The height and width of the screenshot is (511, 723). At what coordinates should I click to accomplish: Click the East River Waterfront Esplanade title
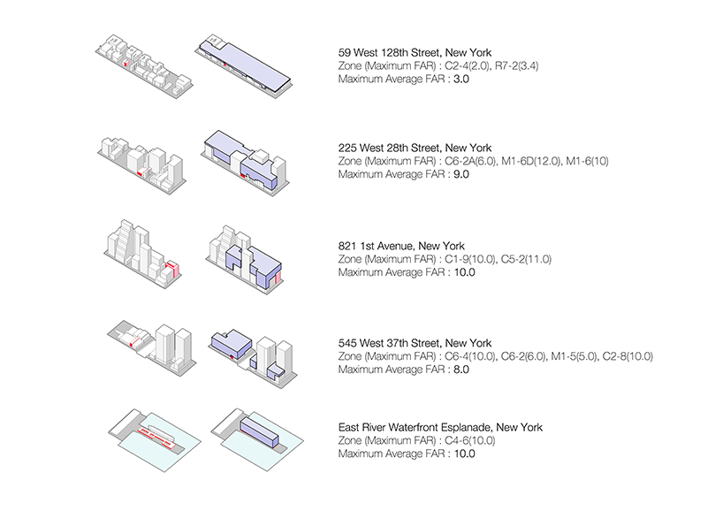[x=440, y=428]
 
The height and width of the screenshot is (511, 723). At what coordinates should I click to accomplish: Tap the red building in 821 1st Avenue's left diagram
[x=175, y=269]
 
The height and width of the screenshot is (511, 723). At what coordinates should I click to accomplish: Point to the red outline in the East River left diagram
[x=156, y=433]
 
